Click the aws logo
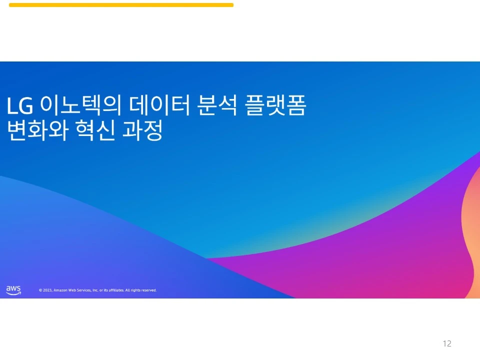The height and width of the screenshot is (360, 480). coord(13,290)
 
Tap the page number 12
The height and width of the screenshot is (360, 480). coord(447,343)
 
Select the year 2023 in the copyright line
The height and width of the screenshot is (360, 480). coord(47,290)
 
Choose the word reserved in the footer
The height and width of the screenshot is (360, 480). coord(148,290)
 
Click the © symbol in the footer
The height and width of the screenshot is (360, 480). coord(40,290)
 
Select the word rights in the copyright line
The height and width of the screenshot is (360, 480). coord(134,290)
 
